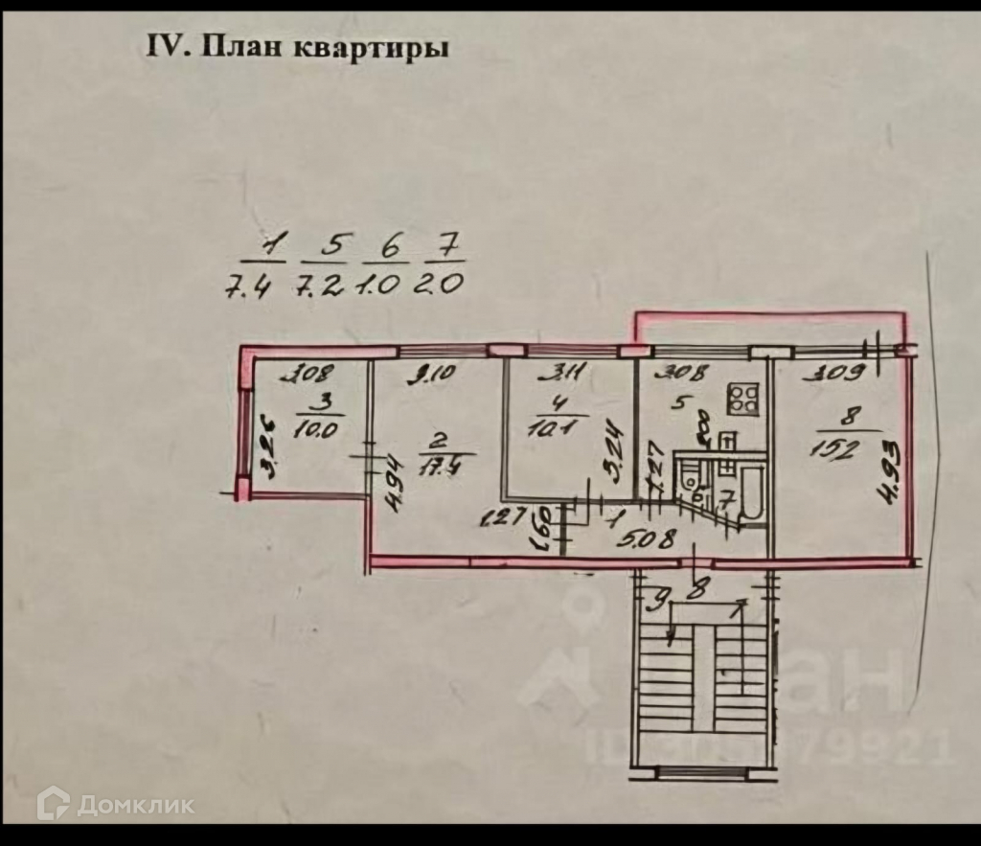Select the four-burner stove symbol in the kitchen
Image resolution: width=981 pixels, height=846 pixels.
coord(742,397)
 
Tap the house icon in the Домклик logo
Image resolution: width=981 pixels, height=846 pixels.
coord(53,803)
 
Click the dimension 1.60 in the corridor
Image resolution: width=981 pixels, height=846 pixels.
coord(543,525)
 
